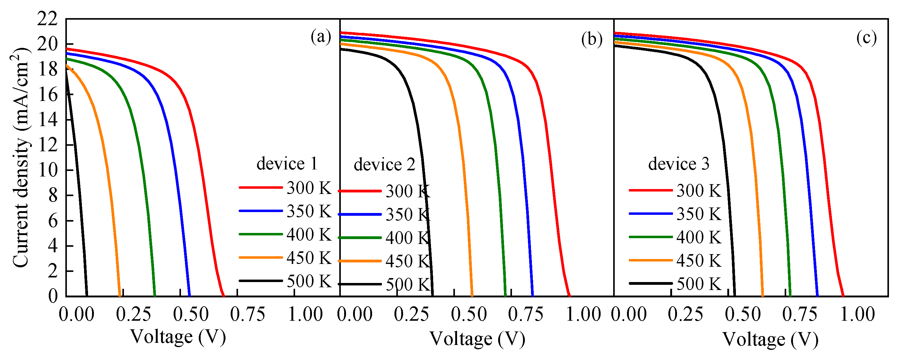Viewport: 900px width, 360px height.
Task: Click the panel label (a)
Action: [321, 37]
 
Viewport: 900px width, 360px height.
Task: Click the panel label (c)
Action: [866, 37]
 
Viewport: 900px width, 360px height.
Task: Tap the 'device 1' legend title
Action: [287, 164]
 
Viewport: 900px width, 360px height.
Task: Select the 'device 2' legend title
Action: [384, 164]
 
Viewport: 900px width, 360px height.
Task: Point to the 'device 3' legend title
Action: [679, 164]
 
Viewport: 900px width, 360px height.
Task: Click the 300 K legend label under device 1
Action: [309, 188]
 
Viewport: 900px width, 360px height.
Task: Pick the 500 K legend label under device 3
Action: [699, 284]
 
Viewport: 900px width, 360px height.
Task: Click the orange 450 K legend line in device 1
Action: [261, 257]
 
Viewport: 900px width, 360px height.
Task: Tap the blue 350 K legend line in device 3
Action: [651, 214]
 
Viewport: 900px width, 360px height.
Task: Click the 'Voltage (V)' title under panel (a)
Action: [178, 337]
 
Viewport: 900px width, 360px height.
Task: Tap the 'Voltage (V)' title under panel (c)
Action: [770, 339]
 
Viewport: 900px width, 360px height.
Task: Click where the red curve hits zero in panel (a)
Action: [223, 295]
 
